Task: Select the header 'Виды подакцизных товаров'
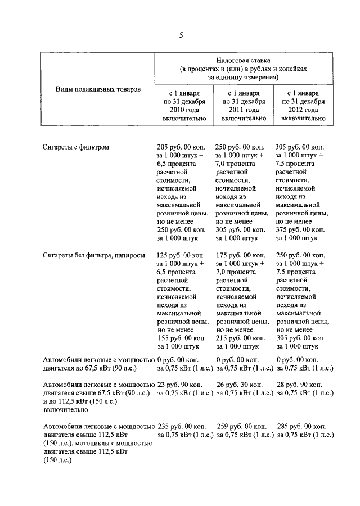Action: pyautogui.click(x=98, y=89)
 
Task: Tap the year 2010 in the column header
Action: pyautogui.click(x=172, y=110)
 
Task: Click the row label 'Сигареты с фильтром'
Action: pyautogui.click(x=76, y=147)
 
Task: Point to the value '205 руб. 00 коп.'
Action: pyautogui.click(x=182, y=147)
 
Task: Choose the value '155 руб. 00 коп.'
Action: pyautogui.click(x=182, y=337)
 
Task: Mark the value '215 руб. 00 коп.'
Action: pyautogui.click(x=241, y=337)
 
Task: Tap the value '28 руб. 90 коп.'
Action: pyautogui.click(x=299, y=384)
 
